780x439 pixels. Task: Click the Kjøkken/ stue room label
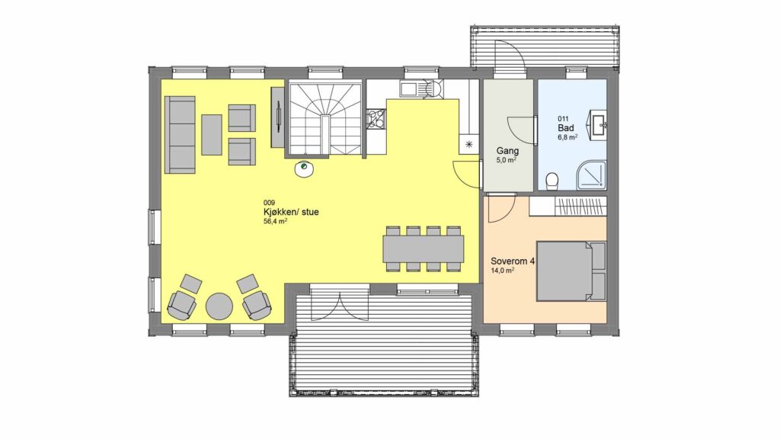(x=291, y=212)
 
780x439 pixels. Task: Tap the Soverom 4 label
(x=513, y=261)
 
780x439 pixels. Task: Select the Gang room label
(x=507, y=151)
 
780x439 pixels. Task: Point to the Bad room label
(x=566, y=128)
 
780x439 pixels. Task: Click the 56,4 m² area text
(x=275, y=222)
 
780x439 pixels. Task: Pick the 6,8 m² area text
(x=567, y=137)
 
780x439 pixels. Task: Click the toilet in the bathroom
(x=551, y=181)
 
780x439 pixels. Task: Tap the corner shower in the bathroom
(x=591, y=175)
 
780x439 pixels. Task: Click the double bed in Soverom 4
(x=571, y=271)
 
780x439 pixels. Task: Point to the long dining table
(x=424, y=249)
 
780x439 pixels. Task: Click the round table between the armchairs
(x=219, y=306)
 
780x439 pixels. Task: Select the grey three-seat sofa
(x=180, y=135)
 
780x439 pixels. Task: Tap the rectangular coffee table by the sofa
(x=212, y=135)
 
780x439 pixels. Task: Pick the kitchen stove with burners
(x=376, y=119)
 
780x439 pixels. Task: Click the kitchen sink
(x=409, y=89)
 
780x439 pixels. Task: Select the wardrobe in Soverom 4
(x=567, y=207)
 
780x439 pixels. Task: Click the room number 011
(x=563, y=118)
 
